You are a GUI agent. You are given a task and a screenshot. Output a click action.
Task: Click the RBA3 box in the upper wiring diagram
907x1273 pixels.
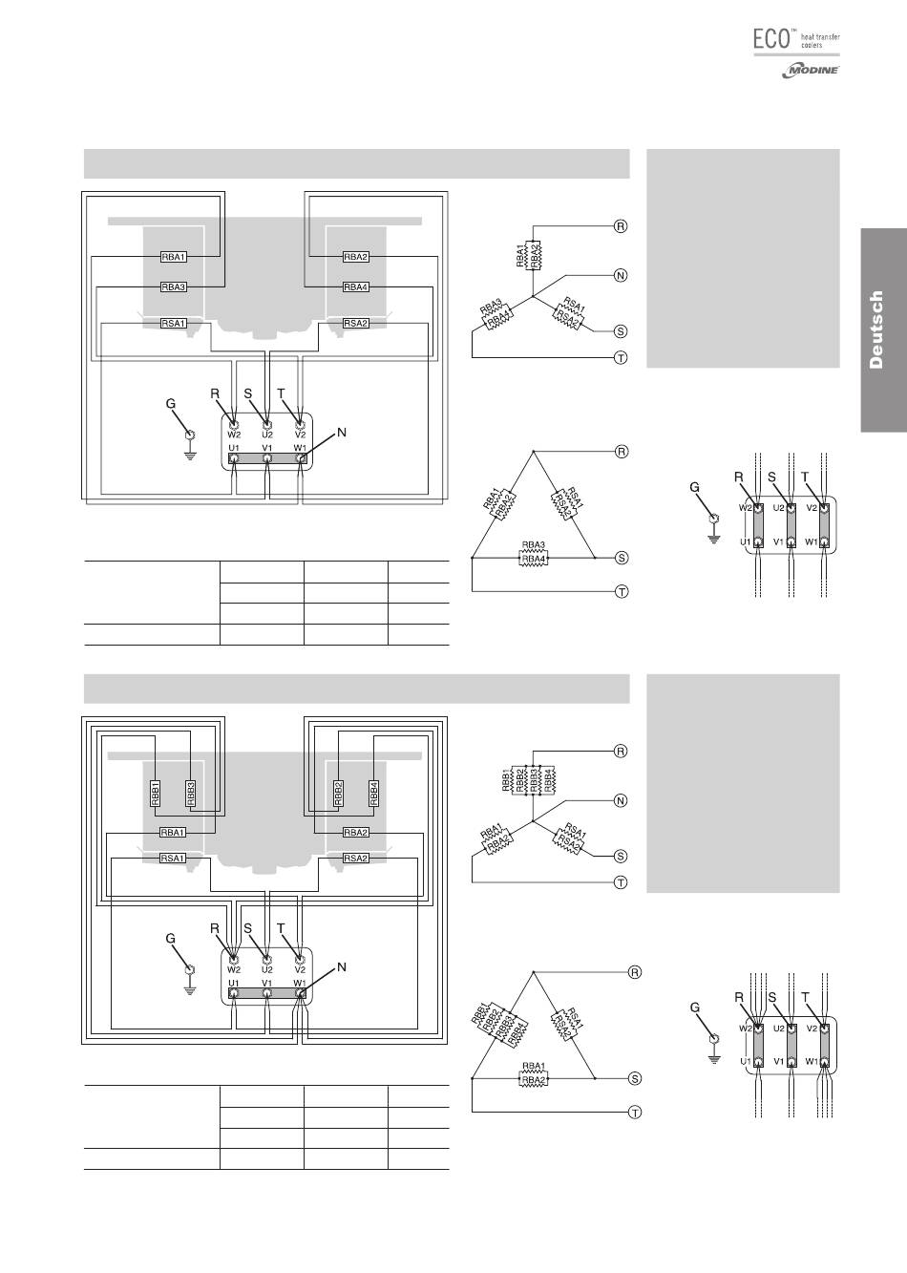tap(173, 287)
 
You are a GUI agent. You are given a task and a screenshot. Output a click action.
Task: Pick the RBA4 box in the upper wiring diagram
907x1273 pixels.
tap(355, 287)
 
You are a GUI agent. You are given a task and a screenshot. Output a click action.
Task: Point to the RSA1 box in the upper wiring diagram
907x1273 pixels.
tap(173, 324)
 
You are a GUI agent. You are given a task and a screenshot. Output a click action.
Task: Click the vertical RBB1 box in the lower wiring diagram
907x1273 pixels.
tap(155, 793)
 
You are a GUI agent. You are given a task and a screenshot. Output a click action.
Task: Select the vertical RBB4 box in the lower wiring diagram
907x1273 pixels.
tap(373, 793)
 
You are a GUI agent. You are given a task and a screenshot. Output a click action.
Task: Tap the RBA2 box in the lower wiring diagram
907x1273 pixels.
tap(355, 832)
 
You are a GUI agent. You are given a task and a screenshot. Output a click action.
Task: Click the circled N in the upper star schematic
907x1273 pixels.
tap(621, 275)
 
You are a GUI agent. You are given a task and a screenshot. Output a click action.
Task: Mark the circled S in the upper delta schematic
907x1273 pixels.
tap(622, 557)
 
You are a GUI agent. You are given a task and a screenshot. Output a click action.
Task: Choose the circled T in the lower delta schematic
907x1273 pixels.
tap(635, 1113)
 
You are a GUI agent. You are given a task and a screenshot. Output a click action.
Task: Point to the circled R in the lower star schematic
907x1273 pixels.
tap(621, 751)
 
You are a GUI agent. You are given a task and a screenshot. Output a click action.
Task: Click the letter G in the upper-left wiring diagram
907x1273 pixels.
tap(171, 404)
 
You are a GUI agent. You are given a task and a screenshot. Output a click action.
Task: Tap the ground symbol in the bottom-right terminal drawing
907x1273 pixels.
tap(712, 1057)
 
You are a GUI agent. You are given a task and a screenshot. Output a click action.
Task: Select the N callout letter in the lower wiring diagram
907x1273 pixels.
tap(342, 967)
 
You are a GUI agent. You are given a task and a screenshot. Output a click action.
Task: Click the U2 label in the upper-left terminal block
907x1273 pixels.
tap(266, 435)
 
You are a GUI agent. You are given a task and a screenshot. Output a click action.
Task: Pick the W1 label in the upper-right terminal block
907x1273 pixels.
tap(812, 542)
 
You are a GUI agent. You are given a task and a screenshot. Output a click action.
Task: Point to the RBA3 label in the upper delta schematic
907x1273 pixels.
tap(533, 545)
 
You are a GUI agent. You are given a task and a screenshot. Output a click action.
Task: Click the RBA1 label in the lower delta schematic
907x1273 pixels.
tap(533, 1067)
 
